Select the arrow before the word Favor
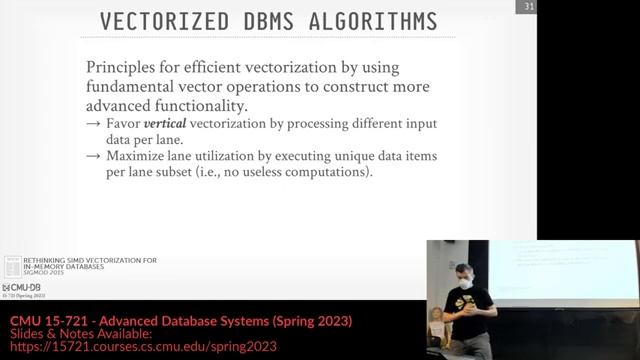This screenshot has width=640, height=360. [x=93, y=123]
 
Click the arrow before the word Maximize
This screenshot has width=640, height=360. [x=93, y=157]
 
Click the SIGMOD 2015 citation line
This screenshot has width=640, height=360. [x=45, y=275]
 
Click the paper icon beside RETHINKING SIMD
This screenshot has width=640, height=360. [x=11, y=266]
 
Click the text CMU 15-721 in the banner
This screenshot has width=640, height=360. [x=45, y=320]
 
